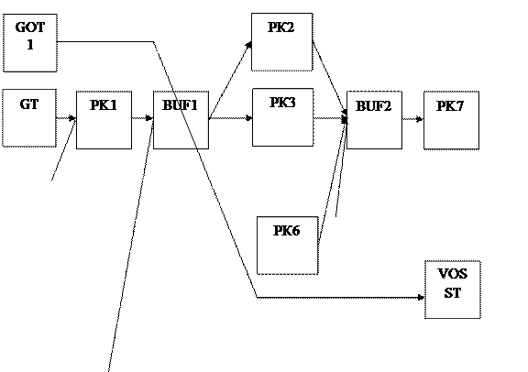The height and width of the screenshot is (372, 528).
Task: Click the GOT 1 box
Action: tap(30, 43)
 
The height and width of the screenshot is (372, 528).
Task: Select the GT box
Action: tap(29, 118)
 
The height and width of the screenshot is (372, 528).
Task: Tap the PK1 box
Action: tap(104, 120)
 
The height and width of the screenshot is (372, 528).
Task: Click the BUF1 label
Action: tap(181, 105)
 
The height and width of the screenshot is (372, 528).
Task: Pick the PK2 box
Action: tap(281, 42)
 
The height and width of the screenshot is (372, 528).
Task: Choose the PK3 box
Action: tap(283, 117)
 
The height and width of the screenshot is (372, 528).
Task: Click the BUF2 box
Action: tap(374, 120)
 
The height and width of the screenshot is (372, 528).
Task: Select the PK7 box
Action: tap(451, 120)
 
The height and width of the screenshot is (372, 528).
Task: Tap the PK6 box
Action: tap(288, 246)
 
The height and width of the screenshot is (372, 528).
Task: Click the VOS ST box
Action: tap(453, 290)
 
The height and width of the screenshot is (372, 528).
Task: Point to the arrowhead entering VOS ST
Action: tap(421, 297)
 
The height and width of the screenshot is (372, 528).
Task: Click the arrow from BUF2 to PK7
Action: tap(412, 119)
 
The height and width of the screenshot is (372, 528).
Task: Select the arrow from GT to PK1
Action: tap(66, 118)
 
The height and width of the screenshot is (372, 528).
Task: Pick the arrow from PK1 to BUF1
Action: tap(142, 118)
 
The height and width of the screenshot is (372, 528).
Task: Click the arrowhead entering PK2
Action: tap(249, 45)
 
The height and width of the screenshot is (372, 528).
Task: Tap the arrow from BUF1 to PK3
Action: tap(231, 118)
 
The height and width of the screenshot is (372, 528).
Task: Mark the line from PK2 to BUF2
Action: tap(330, 78)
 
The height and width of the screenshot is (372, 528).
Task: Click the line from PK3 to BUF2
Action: tap(330, 118)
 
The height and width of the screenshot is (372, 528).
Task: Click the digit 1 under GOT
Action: tap(30, 45)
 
